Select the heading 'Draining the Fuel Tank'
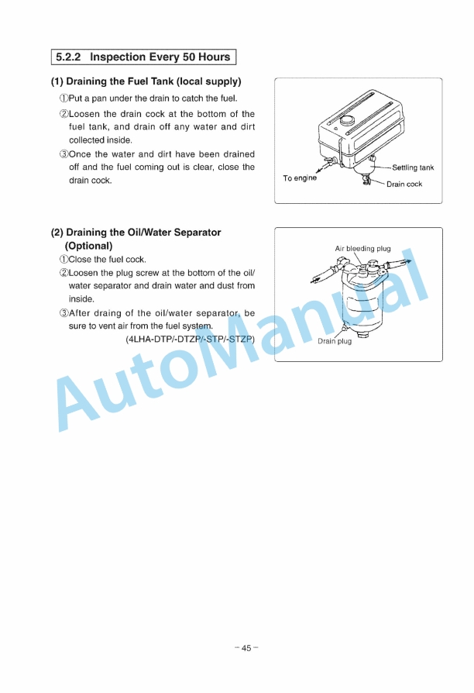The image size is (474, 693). (x=123, y=81)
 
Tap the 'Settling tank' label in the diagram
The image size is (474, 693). (x=413, y=167)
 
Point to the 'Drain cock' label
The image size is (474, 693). (x=404, y=184)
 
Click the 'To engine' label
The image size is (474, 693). (x=300, y=178)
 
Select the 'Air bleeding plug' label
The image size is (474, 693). (x=362, y=249)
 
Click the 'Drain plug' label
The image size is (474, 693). (x=335, y=341)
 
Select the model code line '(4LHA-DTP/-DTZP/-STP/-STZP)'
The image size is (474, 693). (x=190, y=339)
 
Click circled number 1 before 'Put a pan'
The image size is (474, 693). (x=64, y=98)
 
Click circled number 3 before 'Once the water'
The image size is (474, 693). (x=64, y=154)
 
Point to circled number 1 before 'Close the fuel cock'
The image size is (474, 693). (x=64, y=260)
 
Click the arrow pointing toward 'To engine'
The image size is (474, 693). (x=318, y=168)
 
